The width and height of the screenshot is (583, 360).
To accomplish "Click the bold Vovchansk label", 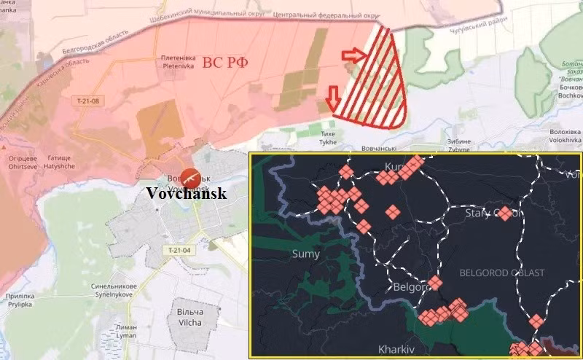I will pyautogui.click(x=187, y=194).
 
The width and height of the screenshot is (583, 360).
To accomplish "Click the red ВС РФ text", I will pyautogui.click(x=224, y=63).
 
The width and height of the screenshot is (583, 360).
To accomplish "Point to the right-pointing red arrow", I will pyautogui.click(x=353, y=55).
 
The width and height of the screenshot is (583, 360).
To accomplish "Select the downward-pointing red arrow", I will pyautogui.click(x=334, y=95).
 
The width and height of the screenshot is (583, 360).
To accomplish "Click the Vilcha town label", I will pyautogui.click(x=191, y=317).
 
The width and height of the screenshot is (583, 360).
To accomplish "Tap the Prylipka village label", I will pyautogui.click(x=18, y=301).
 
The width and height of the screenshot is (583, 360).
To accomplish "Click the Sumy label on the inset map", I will pyautogui.click(x=305, y=254).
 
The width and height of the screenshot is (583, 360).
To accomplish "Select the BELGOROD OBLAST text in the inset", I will pyautogui.click(x=502, y=273).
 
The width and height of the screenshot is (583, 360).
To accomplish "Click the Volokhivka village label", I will pyautogui.click(x=565, y=137).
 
